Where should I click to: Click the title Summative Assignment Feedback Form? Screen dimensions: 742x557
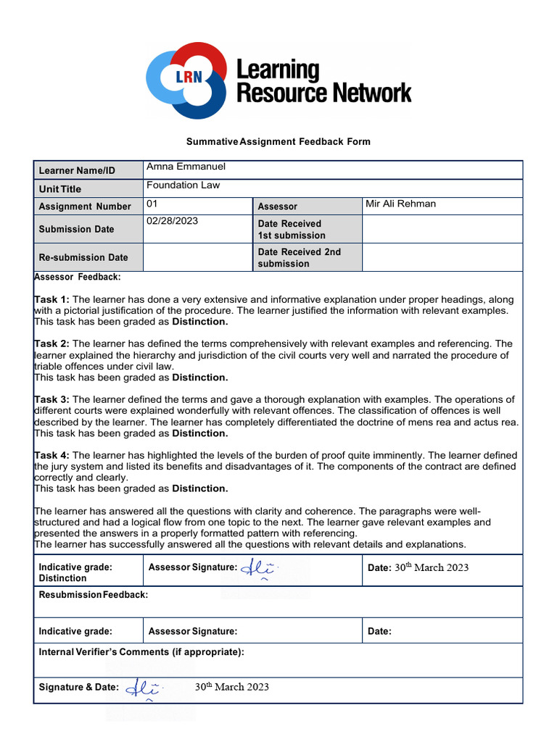278,141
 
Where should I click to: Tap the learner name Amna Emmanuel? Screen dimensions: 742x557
186,167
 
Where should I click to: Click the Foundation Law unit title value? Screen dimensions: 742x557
183,185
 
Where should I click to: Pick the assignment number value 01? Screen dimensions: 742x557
152,204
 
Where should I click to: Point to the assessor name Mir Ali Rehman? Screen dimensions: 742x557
400,204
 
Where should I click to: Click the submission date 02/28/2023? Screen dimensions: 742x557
172,221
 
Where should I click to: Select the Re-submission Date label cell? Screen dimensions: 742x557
83,257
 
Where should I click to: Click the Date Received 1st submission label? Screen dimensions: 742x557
292,230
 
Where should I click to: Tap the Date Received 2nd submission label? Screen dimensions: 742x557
299,258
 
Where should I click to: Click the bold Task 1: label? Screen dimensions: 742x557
51,299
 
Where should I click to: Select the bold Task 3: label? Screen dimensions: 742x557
51,399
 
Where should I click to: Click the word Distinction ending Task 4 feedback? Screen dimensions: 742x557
199,488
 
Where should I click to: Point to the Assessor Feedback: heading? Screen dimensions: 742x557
78,277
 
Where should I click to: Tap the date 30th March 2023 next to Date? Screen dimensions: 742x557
431,567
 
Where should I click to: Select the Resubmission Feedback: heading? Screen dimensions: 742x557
93,594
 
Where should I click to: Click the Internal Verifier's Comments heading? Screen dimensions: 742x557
141,651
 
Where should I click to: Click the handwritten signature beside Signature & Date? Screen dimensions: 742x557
144,688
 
